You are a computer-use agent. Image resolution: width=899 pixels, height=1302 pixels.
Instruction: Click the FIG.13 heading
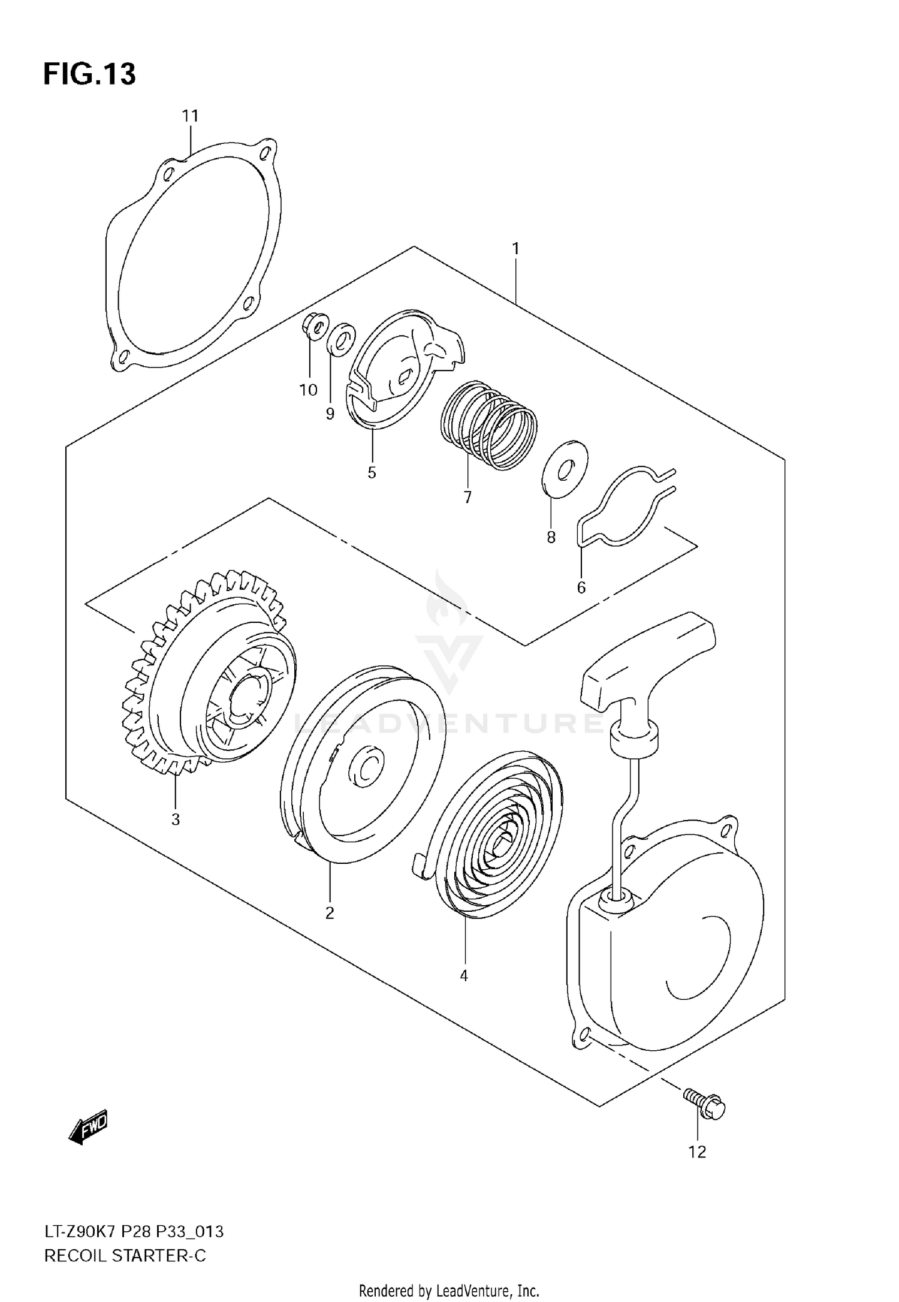click(89, 74)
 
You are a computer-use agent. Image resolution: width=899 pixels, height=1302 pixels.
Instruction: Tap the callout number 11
click(190, 116)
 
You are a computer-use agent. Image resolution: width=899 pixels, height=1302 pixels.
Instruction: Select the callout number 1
click(515, 248)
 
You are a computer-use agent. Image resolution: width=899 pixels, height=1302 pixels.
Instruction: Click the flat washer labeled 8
click(565, 469)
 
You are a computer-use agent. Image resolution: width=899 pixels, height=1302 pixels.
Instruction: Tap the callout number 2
click(330, 914)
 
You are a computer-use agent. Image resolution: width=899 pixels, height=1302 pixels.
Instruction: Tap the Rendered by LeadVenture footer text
click(449, 1289)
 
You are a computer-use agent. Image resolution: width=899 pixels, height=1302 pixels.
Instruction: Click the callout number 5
click(372, 473)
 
